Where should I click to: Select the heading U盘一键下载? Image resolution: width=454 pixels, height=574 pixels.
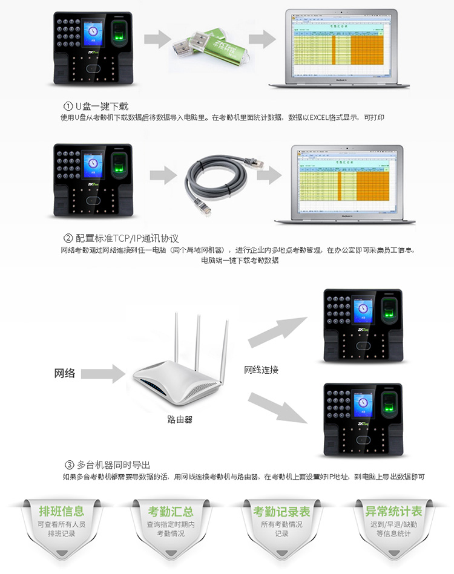click(102, 106)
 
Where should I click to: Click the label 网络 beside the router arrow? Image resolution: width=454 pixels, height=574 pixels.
click(65, 373)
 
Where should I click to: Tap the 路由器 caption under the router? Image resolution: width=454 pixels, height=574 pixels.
click(180, 419)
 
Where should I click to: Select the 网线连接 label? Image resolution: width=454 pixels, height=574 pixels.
click(262, 370)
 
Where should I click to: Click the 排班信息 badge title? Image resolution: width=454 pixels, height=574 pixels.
click(61, 512)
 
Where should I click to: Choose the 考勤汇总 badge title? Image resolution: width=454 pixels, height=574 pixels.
click(171, 512)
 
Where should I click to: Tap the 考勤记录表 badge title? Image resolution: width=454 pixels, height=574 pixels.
click(281, 512)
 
